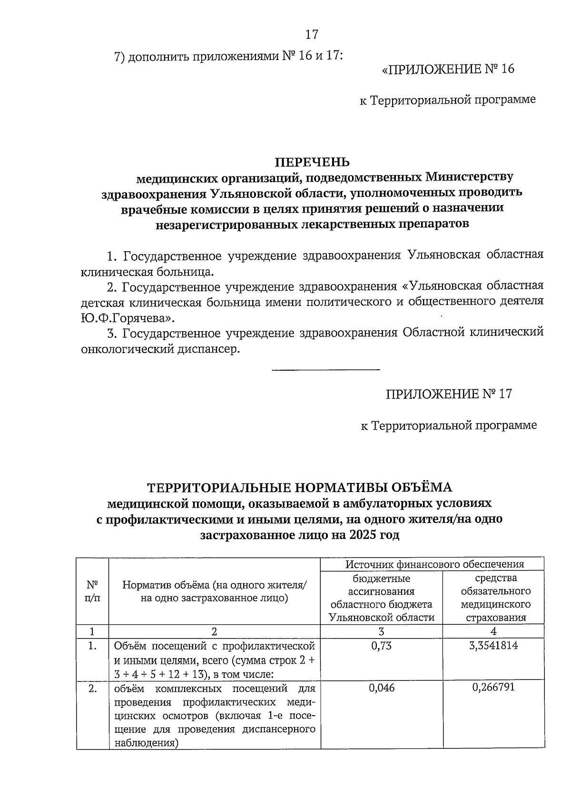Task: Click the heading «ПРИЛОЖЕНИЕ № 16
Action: click(448, 69)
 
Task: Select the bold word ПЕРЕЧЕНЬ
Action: click(312, 162)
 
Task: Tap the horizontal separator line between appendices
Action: click(325, 369)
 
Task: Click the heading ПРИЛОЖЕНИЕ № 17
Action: click(449, 394)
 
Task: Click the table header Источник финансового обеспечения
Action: click(434, 564)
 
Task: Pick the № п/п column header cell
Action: click(93, 591)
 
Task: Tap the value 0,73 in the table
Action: click(381, 646)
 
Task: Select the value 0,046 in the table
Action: click(381, 688)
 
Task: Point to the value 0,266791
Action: click(493, 688)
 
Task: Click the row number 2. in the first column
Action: click(93, 688)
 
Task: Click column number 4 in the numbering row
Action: click(493, 631)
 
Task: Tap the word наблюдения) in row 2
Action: click(144, 743)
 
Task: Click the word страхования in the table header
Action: click(495, 618)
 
